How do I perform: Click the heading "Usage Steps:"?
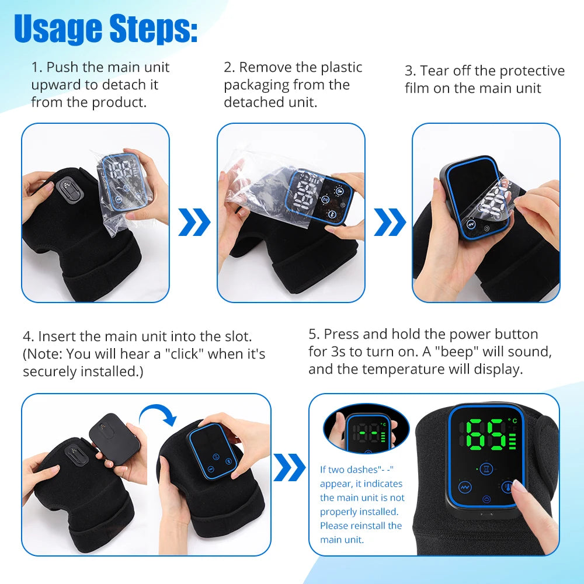(x=106, y=29)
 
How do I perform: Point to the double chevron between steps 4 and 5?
(x=289, y=467)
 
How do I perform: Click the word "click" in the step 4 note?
(x=185, y=354)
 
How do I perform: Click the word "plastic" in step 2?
(x=339, y=68)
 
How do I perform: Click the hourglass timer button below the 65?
(x=485, y=469)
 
